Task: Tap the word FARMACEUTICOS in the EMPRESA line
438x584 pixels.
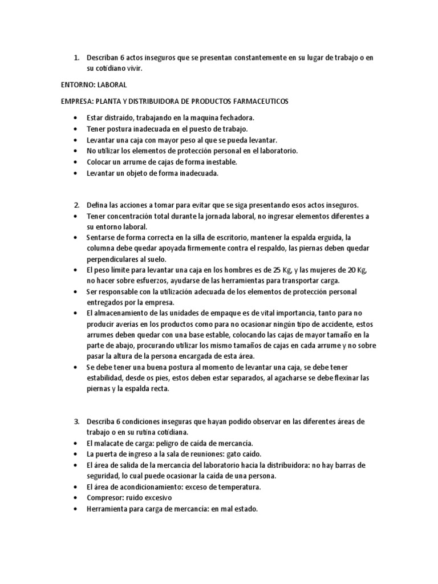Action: click(x=262, y=101)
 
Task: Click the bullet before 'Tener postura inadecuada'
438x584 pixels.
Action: click(x=76, y=129)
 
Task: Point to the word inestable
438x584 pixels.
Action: click(x=203, y=162)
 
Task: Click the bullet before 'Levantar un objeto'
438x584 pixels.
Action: click(x=76, y=173)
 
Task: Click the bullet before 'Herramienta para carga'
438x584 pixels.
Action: click(x=76, y=509)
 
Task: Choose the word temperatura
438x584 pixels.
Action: click(x=237, y=487)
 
